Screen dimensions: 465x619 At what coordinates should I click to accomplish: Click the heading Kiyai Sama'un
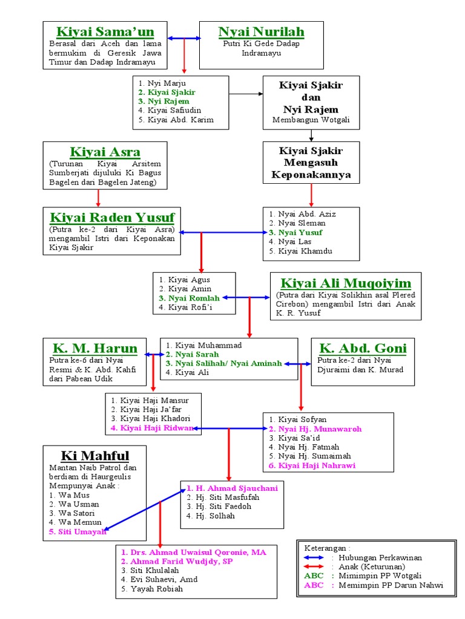[105, 31]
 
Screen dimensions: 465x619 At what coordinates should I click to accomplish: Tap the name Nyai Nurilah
[261, 31]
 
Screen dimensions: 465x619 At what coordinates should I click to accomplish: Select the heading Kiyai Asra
[105, 152]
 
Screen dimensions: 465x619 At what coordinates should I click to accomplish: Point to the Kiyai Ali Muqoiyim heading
[346, 283]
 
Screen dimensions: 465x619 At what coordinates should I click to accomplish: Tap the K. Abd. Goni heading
[363, 348]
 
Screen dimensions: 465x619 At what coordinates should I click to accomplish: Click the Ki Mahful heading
[95, 455]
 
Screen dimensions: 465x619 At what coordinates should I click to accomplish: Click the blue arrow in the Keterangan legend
[314, 557]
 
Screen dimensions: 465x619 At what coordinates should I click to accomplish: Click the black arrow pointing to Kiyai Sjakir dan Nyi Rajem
[246, 94]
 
